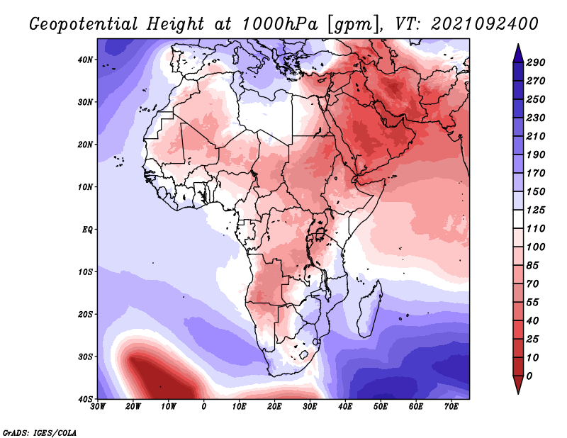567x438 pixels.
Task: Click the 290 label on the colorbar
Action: pyautogui.click(x=537, y=63)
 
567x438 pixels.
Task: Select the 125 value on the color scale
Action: pyautogui.click(x=537, y=211)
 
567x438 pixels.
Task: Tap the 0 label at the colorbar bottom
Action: pyautogui.click(x=531, y=376)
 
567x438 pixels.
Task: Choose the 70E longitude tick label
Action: pyautogui.click(x=451, y=407)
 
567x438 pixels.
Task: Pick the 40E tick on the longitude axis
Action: pyautogui.click(x=345, y=407)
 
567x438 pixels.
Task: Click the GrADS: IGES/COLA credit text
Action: pyautogui.click(x=40, y=432)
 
